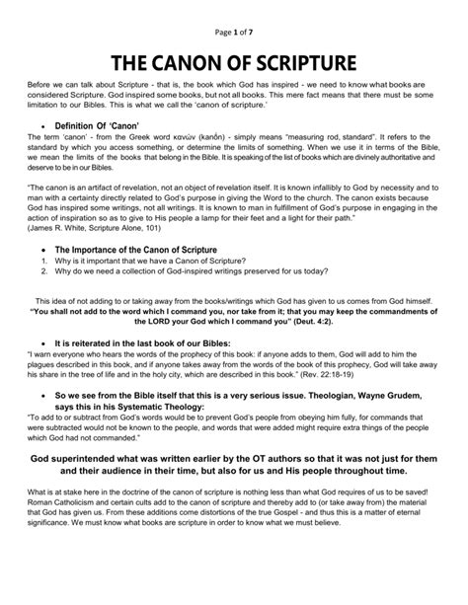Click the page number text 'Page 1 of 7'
(233, 12)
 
